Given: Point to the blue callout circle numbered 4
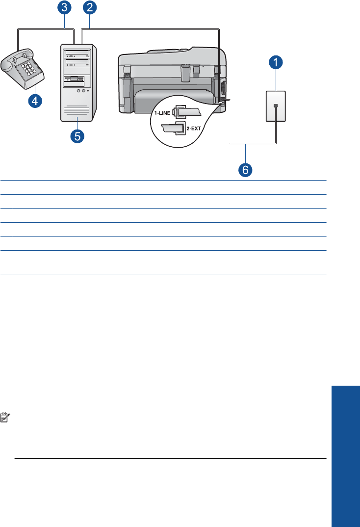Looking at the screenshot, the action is pyautogui.click(x=34, y=101).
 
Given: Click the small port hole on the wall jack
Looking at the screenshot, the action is pyautogui.click(x=276, y=106).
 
